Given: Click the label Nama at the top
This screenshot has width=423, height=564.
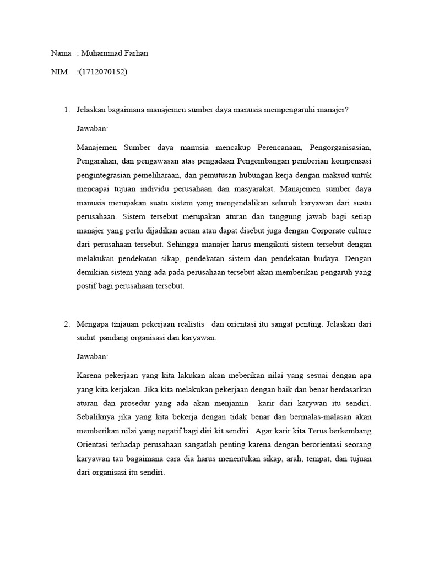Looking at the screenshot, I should [x=61, y=53].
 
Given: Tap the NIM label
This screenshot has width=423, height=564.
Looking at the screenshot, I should [x=59, y=71].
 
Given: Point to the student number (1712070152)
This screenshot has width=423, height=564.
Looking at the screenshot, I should [x=104, y=71].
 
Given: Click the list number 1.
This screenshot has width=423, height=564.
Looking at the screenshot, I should [x=66, y=110].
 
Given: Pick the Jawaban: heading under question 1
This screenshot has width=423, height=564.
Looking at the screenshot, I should [x=93, y=128].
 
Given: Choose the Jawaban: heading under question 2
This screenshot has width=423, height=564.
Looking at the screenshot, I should [x=93, y=356].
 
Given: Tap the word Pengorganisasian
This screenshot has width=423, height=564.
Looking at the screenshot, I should [x=340, y=148].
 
